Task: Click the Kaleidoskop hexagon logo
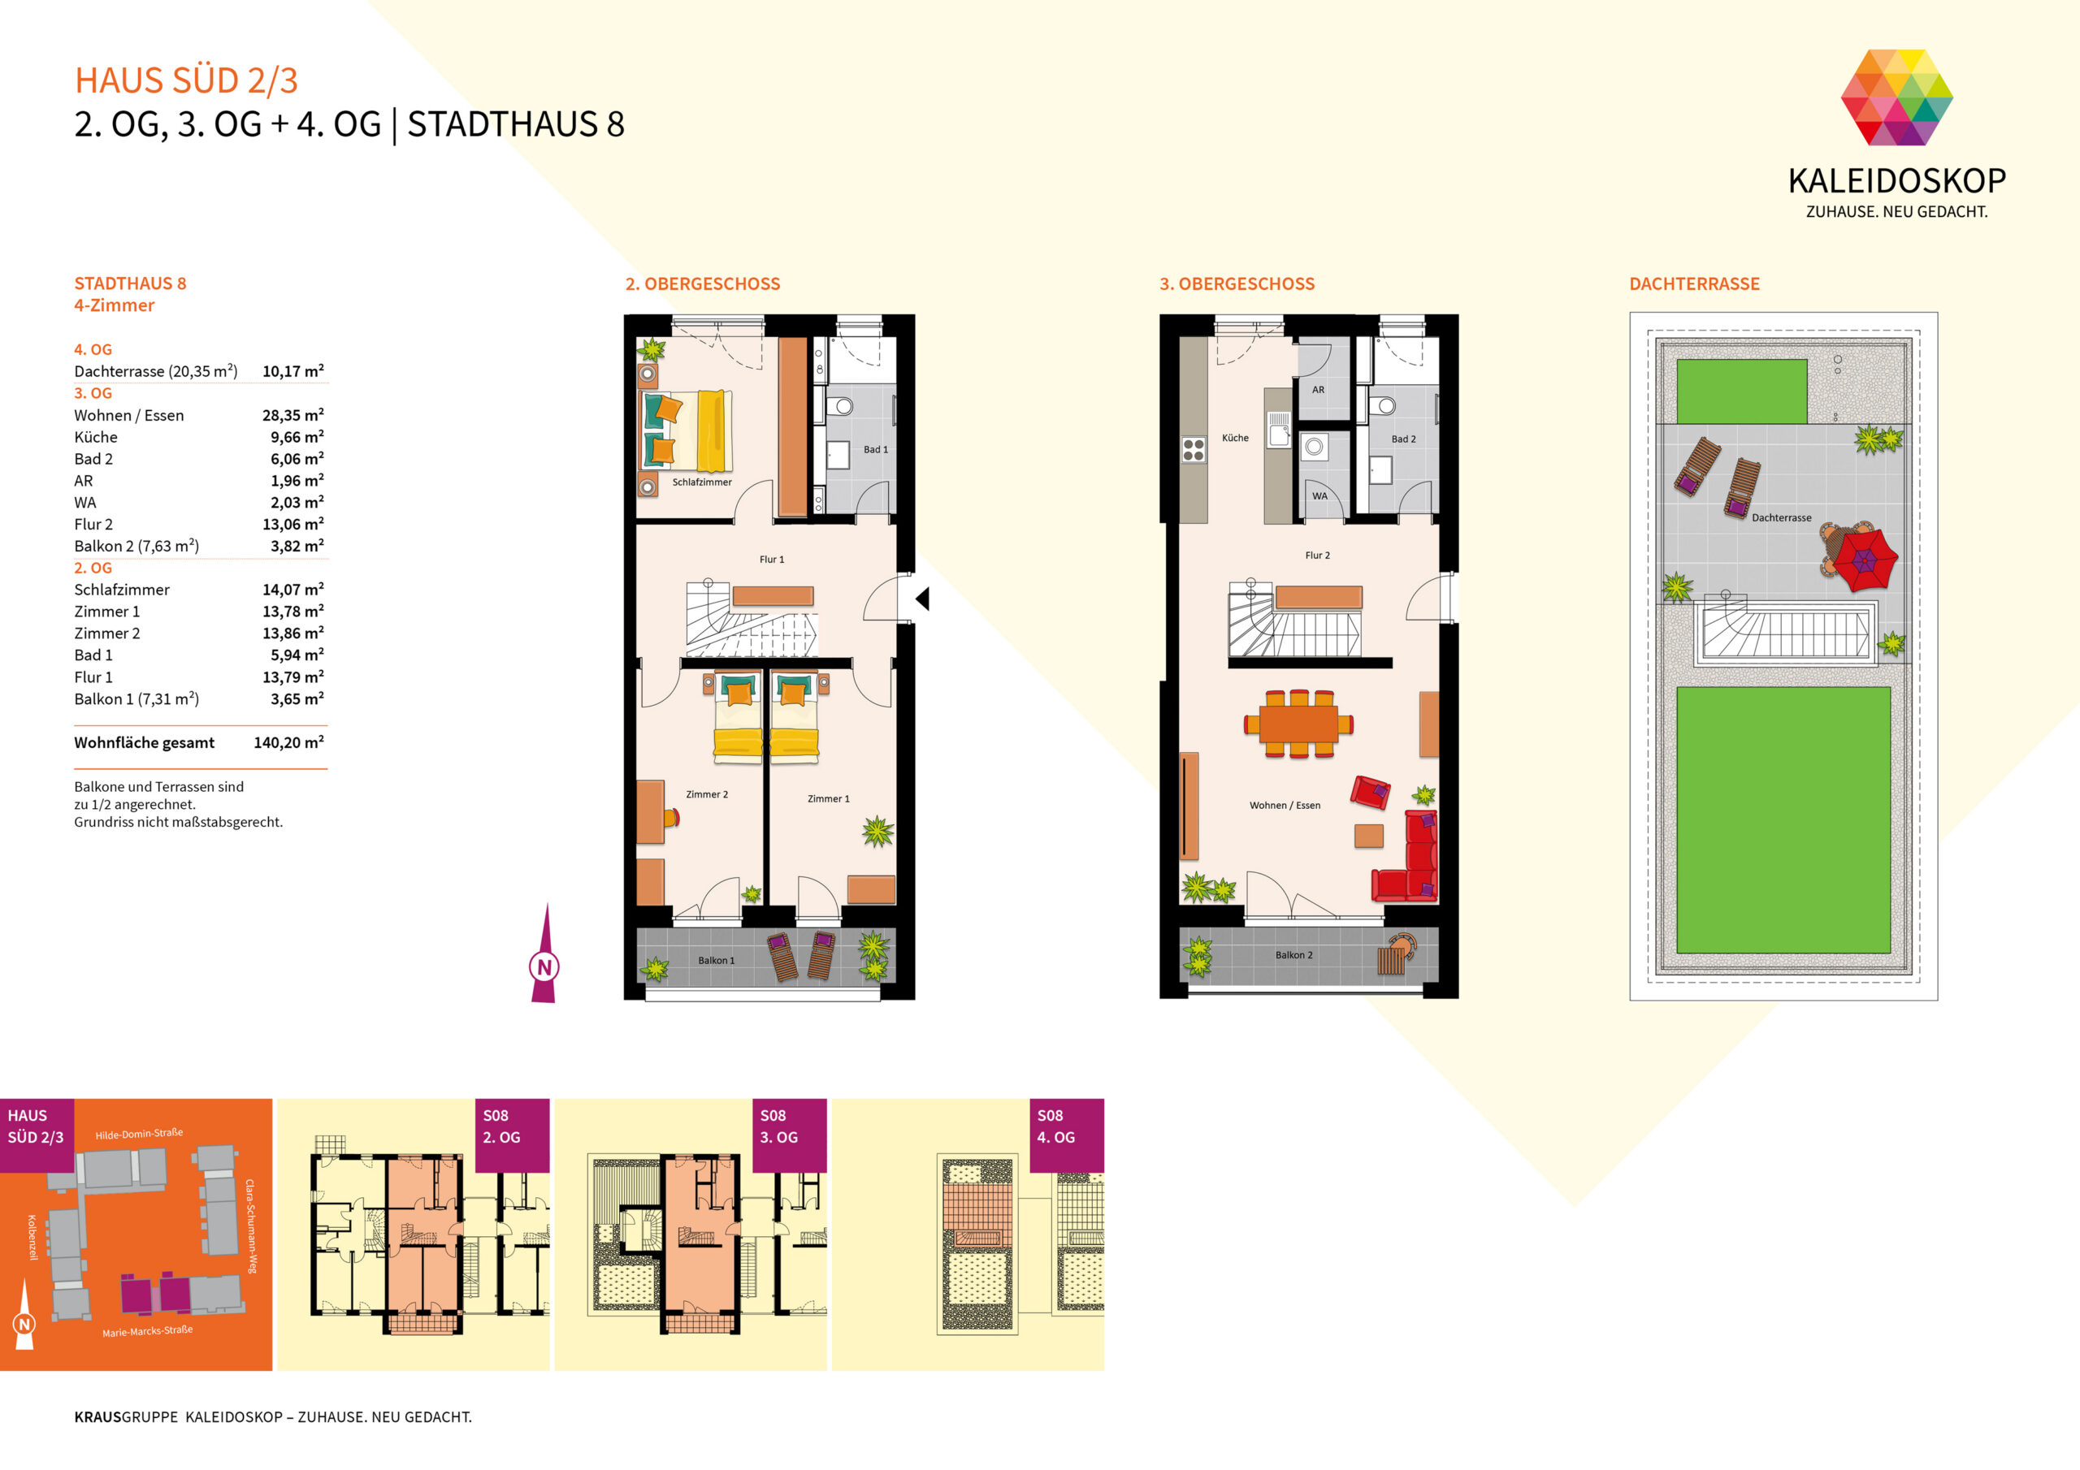coord(1896,97)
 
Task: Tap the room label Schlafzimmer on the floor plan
coord(701,482)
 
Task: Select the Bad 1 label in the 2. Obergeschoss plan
coord(875,449)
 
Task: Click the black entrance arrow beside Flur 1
coord(922,599)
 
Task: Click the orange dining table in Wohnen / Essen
coord(1298,724)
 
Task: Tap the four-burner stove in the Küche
coord(1193,449)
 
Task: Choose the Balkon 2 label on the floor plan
coord(1293,954)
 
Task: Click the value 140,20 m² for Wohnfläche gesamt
coord(289,742)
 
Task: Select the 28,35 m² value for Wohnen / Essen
coord(292,415)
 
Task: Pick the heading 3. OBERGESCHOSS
coord(1237,283)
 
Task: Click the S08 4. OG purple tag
coord(1066,1135)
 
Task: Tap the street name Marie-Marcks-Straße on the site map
coord(148,1330)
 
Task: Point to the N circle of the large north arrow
coord(544,966)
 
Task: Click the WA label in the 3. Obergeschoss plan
coord(1320,495)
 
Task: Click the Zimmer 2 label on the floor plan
coord(707,794)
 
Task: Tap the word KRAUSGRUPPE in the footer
coord(126,1416)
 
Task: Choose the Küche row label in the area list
coord(96,438)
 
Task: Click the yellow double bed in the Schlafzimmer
coord(687,431)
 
